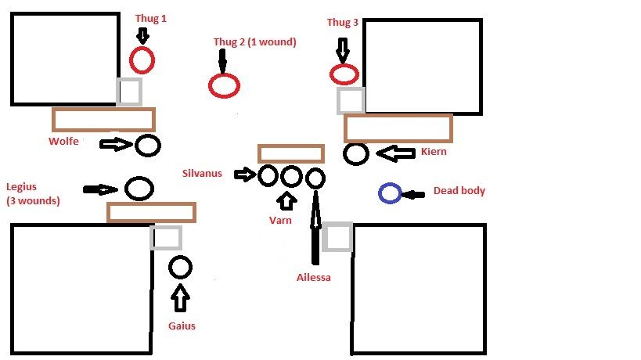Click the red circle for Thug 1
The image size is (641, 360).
(x=142, y=59)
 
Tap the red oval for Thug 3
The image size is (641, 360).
(x=344, y=74)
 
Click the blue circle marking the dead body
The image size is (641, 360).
(x=390, y=193)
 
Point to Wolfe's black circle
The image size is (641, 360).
(x=148, y=145)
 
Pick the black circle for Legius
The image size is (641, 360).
(x=139, y=188)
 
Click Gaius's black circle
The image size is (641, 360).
(x=180, y=268)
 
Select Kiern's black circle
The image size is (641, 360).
(x=356, y=153)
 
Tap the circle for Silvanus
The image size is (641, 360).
(x=268, y=175)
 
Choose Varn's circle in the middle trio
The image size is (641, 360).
(x=291, y=176)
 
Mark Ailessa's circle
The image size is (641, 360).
(x=315, y=178)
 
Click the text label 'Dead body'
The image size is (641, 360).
(x=459, y=191)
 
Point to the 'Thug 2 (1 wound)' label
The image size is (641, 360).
(x=254, y=42)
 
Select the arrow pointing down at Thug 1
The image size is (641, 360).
(x=142, y=34)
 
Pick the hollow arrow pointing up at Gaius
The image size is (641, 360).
(x=181, y=299)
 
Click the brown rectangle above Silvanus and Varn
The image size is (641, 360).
(x=290, y=153)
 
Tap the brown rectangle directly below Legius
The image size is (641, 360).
(x=151, y=212)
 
